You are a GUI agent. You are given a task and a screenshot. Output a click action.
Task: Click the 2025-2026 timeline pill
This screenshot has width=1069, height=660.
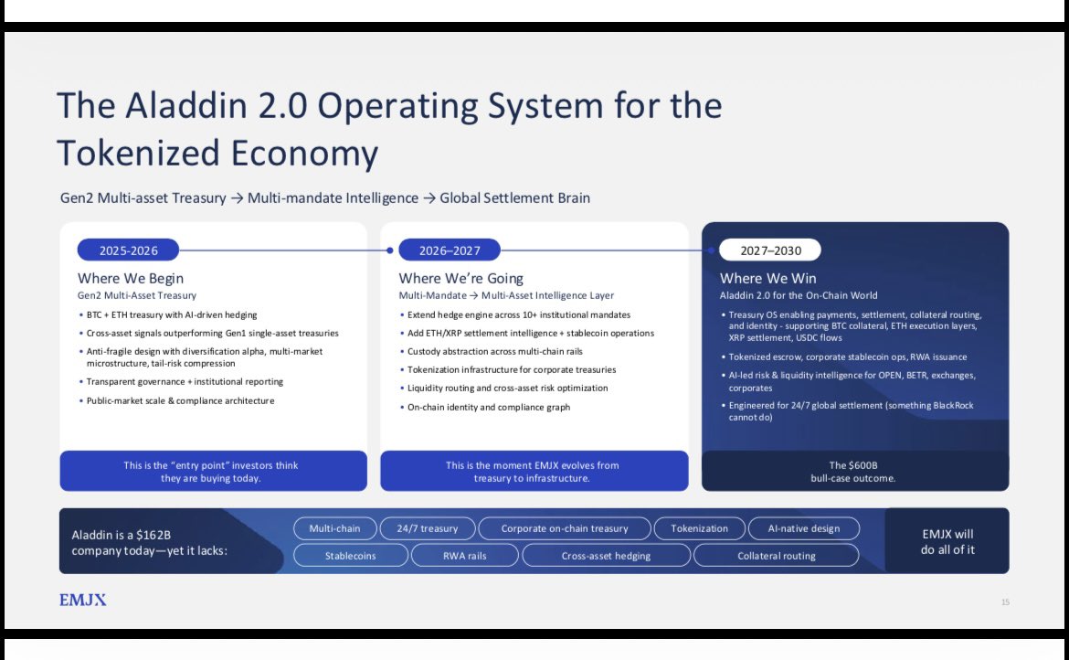[128, 250]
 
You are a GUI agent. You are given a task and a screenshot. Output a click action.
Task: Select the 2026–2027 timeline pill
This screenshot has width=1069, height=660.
[448, 250]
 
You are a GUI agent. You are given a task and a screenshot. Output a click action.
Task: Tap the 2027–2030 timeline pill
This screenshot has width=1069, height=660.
[769, 250]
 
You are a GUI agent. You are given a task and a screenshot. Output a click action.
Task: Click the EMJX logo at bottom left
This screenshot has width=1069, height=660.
[83, 600]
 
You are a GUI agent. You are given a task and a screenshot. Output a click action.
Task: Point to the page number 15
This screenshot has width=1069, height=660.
[1005, 601]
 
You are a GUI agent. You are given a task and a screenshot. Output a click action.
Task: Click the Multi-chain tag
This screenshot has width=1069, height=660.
[334, 528]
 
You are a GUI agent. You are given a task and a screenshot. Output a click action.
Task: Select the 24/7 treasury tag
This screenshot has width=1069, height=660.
[427, 528]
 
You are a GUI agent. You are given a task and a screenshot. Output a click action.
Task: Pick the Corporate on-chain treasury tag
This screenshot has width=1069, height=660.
[566, 528]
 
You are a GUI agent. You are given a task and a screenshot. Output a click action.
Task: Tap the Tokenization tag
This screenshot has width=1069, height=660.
[700, 528]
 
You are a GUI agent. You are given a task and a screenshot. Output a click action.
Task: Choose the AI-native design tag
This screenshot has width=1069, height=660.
[804, 528]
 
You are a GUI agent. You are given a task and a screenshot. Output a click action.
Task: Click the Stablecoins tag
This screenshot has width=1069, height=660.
[350, 555]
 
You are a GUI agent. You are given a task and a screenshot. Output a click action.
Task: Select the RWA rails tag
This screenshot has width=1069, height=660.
[465, 555]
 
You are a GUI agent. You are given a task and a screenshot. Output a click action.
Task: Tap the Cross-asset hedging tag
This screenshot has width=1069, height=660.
[606, 555]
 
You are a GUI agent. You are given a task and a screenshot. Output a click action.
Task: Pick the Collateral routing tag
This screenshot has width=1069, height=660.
[777, 555]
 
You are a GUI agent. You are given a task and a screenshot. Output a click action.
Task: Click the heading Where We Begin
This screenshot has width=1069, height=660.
[131, 278]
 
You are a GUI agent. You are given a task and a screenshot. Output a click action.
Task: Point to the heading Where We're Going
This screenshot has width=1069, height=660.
[460, 278]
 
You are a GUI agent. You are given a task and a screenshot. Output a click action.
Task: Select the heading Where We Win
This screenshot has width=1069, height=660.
[768, 278]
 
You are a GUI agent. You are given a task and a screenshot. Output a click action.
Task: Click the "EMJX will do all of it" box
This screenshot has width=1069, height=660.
[947, 541]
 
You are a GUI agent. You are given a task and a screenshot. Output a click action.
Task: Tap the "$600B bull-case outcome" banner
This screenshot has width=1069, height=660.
[855, 471]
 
